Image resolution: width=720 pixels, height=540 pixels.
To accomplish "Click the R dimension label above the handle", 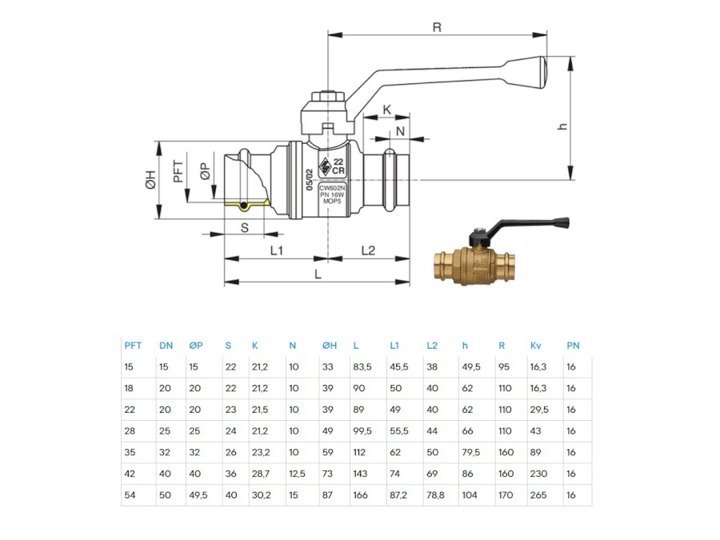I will [437, 26].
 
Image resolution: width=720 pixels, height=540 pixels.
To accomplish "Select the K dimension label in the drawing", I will [386, 110].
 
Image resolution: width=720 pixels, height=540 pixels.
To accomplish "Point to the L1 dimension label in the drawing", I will [276, 250].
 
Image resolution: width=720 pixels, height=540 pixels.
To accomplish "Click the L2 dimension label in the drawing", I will [368, 250].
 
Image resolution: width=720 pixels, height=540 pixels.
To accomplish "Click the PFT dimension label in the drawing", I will [178, 172].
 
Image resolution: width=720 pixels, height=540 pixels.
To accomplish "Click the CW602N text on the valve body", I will [332, 187].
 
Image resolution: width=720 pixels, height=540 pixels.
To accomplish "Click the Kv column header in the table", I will [535, 346].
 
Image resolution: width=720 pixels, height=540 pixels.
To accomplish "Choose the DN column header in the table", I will [166, 346].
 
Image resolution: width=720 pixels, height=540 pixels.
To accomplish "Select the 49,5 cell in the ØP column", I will [199, 495].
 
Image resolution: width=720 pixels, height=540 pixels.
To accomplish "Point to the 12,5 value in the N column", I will [297, 474].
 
